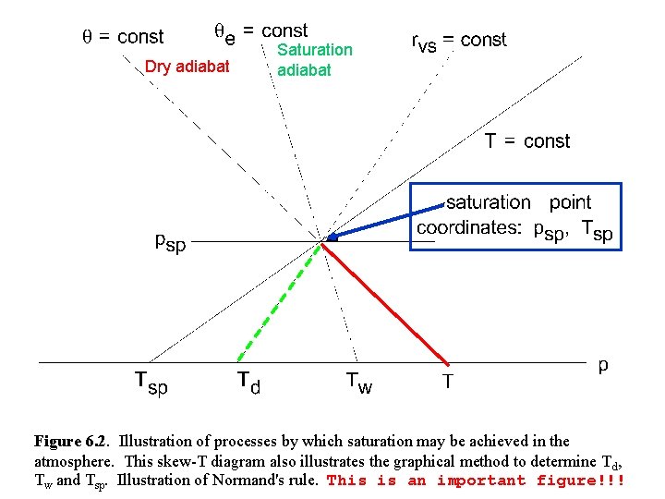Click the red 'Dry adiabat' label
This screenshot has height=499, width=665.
point(187,66)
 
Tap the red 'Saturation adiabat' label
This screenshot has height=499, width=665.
point(314,59)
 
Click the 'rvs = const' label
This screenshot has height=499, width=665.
point(458,41)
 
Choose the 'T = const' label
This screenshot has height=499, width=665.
point(527,141)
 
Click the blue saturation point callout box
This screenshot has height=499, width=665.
point(515,216)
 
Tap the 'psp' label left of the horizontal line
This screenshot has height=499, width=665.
point(170,243)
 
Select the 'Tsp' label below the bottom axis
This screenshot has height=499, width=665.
point(151,382)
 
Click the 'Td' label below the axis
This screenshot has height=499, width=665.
point(248,381)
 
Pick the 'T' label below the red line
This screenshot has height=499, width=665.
point(447,380)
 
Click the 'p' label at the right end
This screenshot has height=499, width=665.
point(603,365)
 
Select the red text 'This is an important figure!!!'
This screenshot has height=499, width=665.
point(477,481)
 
